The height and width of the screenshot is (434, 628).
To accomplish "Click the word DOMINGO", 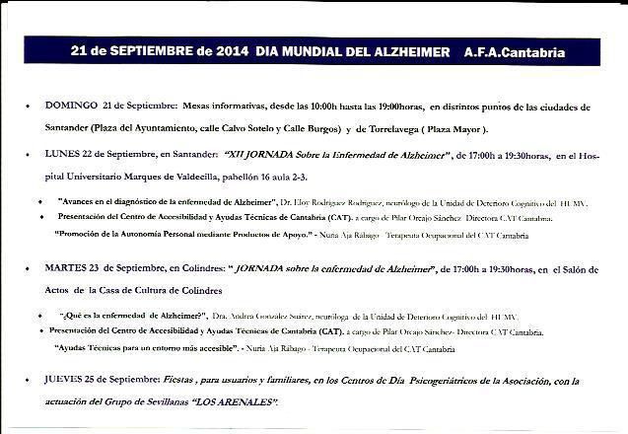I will tap(70, 106).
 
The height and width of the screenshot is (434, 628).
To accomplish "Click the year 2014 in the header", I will tap(231, 50).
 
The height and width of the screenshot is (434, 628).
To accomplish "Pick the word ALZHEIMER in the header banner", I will tap(406, 50).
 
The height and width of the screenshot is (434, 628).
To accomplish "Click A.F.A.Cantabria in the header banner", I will tap(514, 50).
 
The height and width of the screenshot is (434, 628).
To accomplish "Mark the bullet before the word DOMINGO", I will tap(31, 107).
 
